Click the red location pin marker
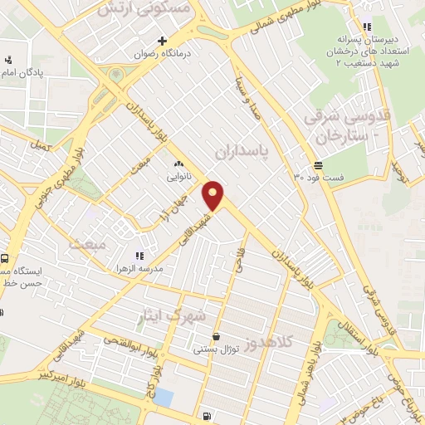213,195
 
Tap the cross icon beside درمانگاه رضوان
163,40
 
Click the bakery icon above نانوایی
178,164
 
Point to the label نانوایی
178,177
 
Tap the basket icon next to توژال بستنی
216,337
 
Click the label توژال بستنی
216,349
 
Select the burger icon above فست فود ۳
319,165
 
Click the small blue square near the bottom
164,398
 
